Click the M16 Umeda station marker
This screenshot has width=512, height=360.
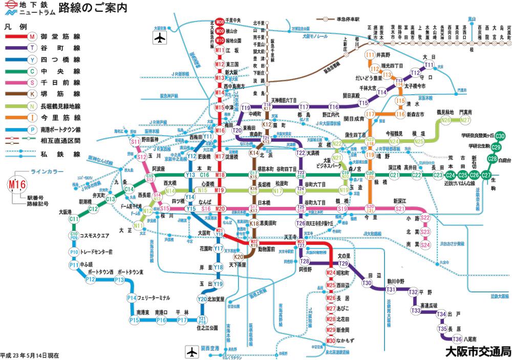pos(220,131)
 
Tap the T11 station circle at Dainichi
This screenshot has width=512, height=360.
pos(429,65)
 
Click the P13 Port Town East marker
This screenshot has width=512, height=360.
pos(119,280)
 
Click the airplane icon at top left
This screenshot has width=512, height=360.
pos(160,38)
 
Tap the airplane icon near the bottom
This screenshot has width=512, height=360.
pos(191,352)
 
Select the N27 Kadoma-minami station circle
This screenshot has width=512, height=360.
pos(465,120)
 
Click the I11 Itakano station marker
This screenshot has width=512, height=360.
pos(370,55)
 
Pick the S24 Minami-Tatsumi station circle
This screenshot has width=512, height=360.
pos(425,245)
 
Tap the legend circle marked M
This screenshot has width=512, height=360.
pos(32,37)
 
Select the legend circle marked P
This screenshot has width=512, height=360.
pos(32,130)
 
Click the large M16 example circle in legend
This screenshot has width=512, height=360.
pos(16,183)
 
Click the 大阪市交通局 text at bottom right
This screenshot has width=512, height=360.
pos(478,351)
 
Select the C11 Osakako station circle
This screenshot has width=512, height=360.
pos(74,219)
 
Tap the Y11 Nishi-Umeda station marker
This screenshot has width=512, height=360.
pos(208,137)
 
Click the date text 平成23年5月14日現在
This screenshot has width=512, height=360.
pos(30,354)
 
